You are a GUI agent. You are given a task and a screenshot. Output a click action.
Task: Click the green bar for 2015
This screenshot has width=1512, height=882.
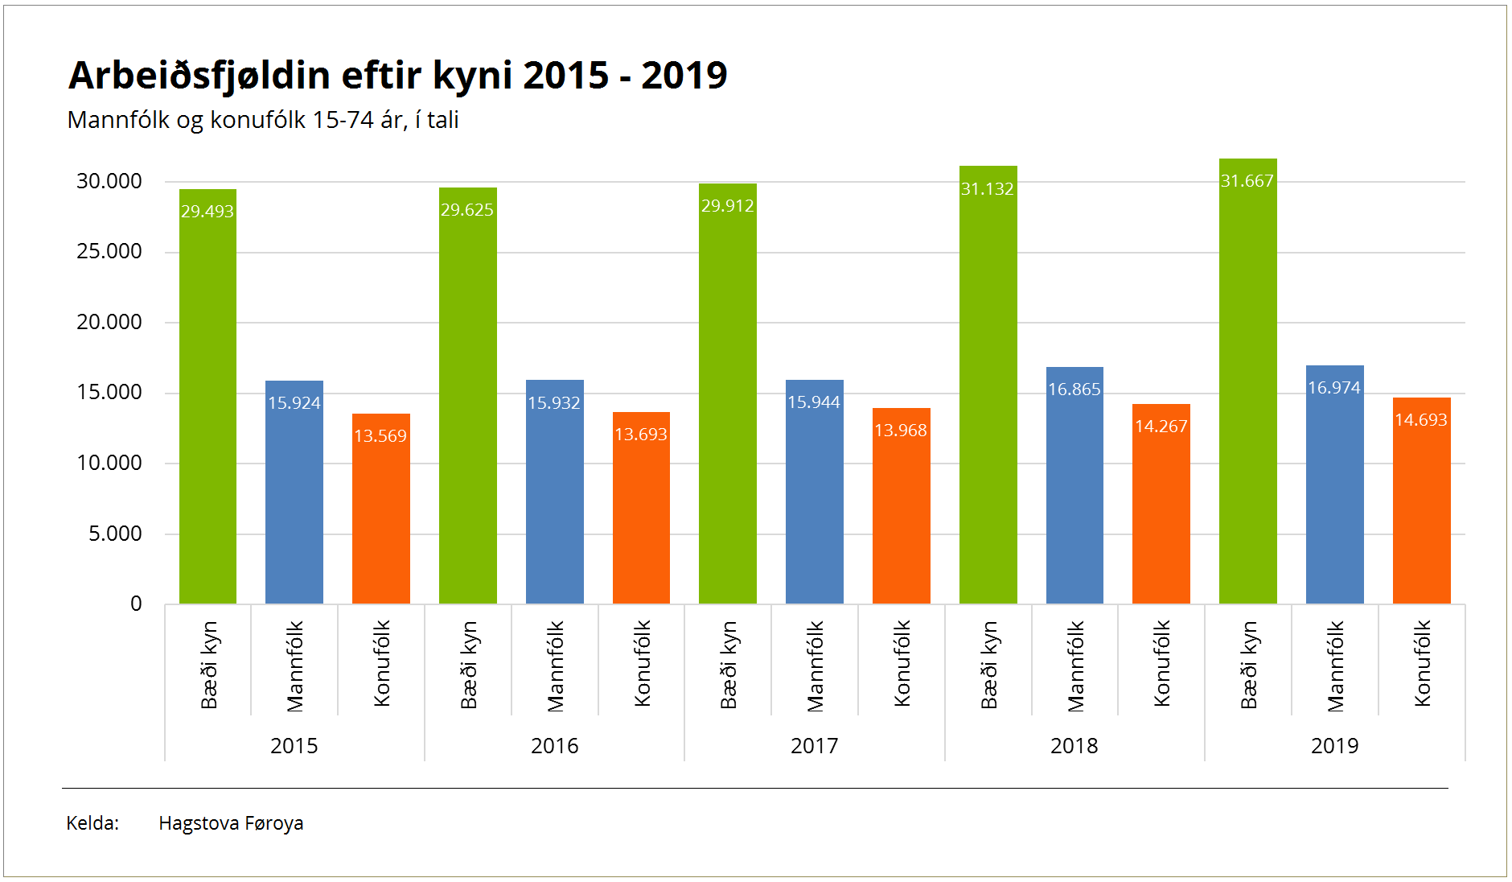(x=207, y=402)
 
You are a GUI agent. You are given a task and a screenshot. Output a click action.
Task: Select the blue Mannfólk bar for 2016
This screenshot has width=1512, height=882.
(x=554, y=499)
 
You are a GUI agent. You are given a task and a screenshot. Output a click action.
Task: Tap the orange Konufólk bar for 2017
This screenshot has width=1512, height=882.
(x=901, y=515)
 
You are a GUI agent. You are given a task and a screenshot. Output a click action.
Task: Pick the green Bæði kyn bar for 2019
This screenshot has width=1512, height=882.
(x=1247, y=386)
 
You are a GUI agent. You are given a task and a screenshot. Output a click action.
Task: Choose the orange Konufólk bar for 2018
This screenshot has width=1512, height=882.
(x=1161, y=515)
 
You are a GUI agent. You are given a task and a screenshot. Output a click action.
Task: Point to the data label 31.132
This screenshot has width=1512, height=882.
(x=987, y=189)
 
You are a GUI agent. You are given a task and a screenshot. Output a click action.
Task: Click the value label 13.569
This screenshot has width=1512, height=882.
(x=380, y=436)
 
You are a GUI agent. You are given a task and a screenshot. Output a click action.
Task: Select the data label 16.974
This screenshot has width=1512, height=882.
(x=1333, y=388)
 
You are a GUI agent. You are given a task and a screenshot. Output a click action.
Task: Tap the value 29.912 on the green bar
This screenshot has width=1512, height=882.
(x=727, y=206)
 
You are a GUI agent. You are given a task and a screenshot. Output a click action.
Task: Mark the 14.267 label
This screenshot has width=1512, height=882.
(x=1161, y=427)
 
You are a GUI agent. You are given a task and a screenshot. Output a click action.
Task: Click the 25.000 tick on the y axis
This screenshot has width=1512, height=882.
(x=109, y=252)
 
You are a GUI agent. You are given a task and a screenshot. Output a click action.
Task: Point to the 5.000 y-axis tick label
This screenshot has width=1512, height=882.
(x=115, y=534)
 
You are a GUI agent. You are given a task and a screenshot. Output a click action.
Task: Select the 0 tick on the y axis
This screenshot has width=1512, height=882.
(x=136, y=604)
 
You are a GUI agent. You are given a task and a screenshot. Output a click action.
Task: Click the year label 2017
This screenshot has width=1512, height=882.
(x=814, y=746)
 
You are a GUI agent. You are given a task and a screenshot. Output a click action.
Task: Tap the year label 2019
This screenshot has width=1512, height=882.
(x=1334, y=746)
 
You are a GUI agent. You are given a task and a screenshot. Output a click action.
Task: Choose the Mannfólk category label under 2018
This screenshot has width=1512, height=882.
(x=1075, y=666)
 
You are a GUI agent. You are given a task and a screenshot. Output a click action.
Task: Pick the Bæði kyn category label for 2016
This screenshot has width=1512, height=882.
(x=469, y=665)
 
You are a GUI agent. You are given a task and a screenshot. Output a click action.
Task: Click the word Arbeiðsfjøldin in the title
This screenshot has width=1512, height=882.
(x=199, y=76)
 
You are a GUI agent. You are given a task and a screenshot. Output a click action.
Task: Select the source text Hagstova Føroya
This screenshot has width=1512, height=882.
(x=231, y=823)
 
